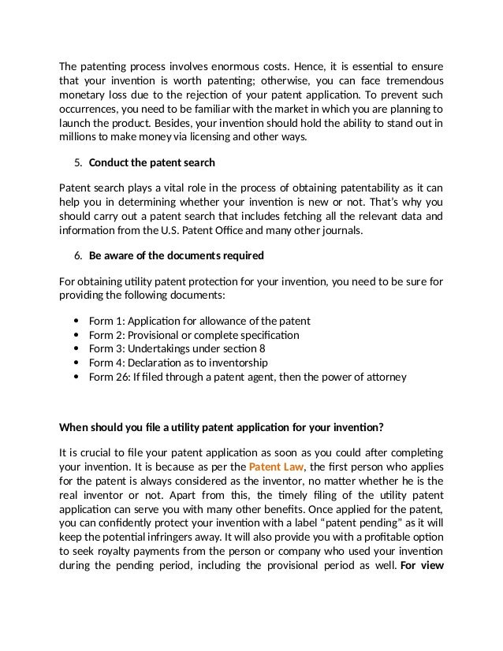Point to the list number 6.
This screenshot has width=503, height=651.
[77, 256]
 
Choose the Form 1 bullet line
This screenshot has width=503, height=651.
[199, 321]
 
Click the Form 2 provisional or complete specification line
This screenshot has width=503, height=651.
[194, 335]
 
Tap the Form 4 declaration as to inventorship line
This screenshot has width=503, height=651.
[178, 363]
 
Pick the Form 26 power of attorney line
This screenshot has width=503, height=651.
[248, 377]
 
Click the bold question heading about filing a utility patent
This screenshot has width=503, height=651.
[222, 429]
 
